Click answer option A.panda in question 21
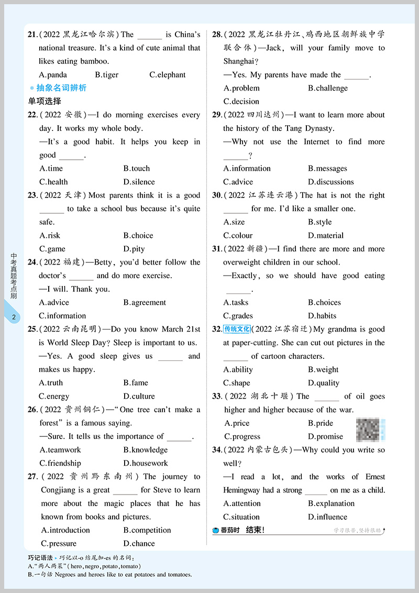tap(53, 75)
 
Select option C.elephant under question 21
tap(167, 75)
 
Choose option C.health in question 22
tap(53, 182)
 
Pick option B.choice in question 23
tap(138, 235)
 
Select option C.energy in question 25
tap(54, 396)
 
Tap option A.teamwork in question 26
tap(60, 449)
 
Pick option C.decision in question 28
tap(241, 101)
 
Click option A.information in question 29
tap(247, 168)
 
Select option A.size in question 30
tap(234, 222)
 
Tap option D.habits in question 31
tap(322, 315)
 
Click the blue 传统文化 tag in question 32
tap(237, 329)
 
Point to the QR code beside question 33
tap(370, 430)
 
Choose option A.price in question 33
tap(237, 423)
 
